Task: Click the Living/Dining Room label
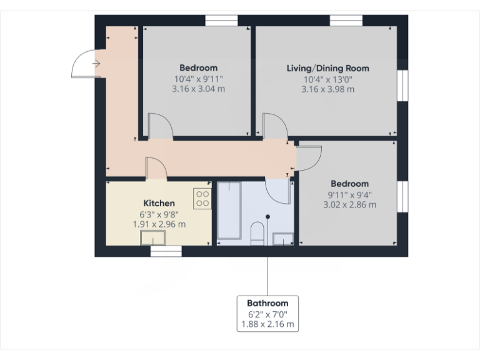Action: (327, 68)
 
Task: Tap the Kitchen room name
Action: (159, 203)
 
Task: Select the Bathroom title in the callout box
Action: (267, 303)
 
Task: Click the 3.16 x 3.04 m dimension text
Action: (198, 89)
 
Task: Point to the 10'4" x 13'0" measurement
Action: (327, 79)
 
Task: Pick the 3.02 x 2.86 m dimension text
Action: (349, 204)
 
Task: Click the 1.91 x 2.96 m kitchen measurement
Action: (159, 224)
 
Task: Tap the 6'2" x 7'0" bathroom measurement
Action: (267, 314)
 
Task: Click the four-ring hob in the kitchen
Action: (202, 199)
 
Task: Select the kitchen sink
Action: (152, 237)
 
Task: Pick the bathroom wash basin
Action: (283, 238)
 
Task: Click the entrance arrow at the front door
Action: (96, 63)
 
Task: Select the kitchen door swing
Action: (156, 167)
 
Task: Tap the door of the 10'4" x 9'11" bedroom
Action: (161, 125)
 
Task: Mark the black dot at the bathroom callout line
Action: (268, 216)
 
